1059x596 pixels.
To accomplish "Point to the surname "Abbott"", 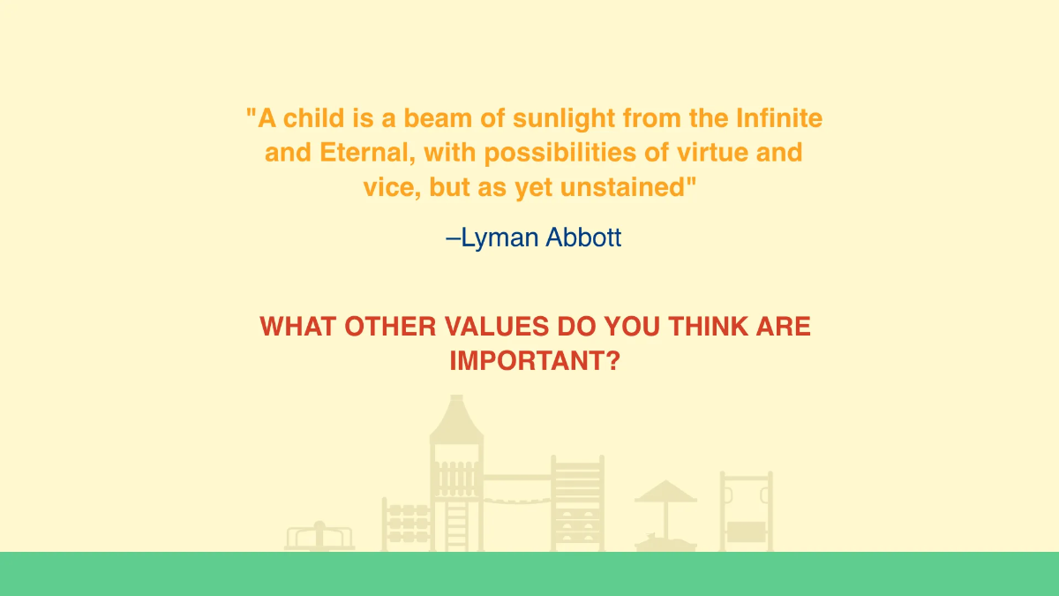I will (582, 238).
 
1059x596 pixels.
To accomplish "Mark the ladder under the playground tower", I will (458, 525).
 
